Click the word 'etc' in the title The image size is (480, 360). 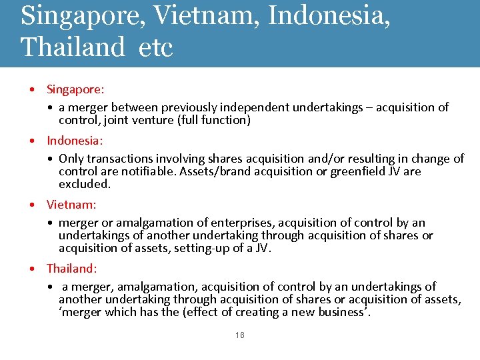[156, 47]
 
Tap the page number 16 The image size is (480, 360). [240, 335]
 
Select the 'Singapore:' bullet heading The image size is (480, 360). [75, 89]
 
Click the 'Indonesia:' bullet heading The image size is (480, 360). [75, 141]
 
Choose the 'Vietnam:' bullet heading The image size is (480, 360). [71, 205]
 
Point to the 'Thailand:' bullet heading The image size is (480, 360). [72, 269]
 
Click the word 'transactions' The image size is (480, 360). [121, 159]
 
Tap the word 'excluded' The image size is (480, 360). [84, 184]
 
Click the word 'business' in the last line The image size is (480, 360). [340, 312]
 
